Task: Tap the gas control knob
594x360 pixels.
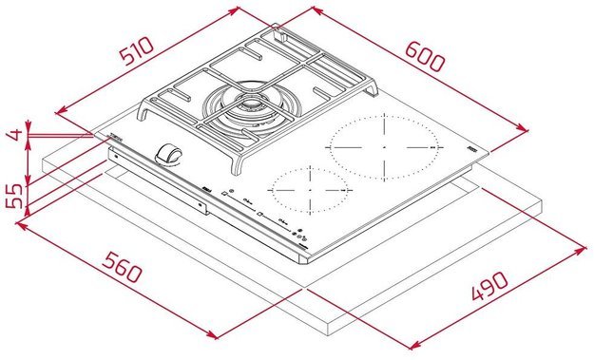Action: pos(170,154)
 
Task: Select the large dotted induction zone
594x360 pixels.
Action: pos(384,148)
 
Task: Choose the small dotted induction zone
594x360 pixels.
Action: pos(306,190)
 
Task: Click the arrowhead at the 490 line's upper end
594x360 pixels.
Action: pos(581,248)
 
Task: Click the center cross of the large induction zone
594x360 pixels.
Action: pos(384,148)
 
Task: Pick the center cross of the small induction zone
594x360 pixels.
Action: pos(306,190)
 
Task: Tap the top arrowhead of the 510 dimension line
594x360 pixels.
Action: pos(237,9)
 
